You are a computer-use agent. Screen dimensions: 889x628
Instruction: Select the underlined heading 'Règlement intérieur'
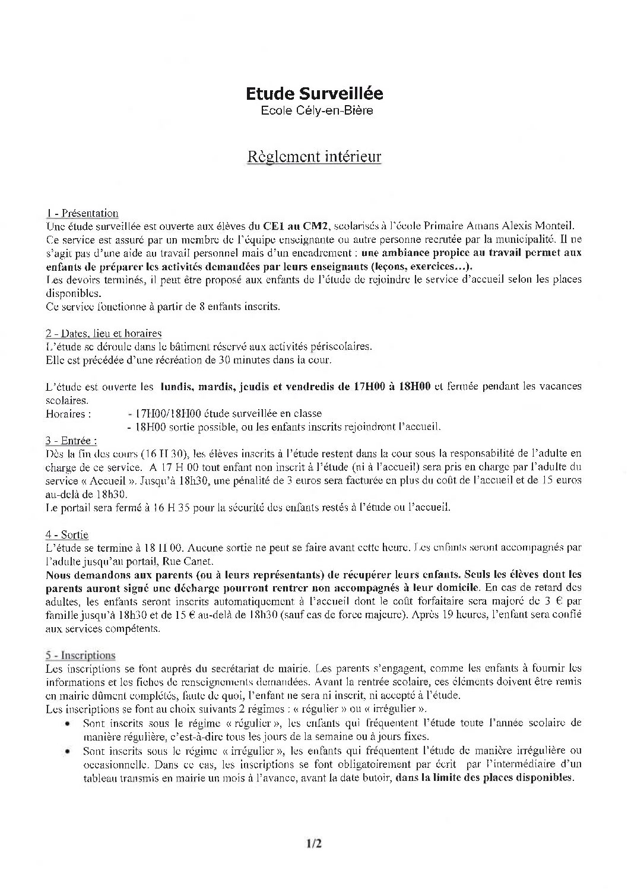(x=314, y=157)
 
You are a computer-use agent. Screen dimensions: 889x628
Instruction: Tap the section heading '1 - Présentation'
(x=83, y=213)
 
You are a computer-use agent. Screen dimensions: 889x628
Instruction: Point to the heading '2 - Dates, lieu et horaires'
(x=104, y=334)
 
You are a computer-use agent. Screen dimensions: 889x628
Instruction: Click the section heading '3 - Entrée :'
(x=71, y=441)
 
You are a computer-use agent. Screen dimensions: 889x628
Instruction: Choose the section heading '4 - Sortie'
(x=67, y=535)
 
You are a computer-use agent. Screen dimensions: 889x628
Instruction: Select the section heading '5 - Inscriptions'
(x=80, y=656)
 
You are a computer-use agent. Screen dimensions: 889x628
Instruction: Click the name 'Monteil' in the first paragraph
(x=554, y=226)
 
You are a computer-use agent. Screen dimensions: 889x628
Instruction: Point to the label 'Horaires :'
(x=68, y=414)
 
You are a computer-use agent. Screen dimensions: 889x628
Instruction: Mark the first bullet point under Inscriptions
(x=69, y=724)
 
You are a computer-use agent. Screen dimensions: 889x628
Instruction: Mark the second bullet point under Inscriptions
(x=69, y=751)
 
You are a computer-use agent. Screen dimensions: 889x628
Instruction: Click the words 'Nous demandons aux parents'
(x=109, y=574)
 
